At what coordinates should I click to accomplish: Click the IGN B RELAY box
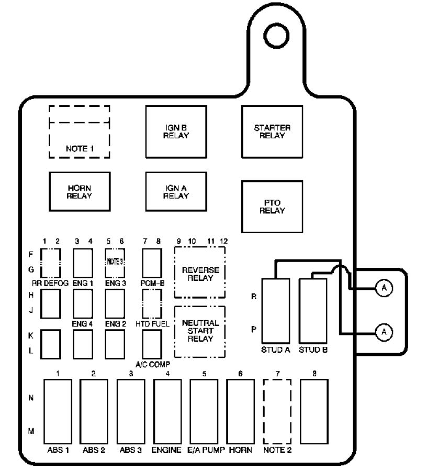pos(175,132)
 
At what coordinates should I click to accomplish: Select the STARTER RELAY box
pos(272,132)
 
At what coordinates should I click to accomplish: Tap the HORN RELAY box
pos(79,192)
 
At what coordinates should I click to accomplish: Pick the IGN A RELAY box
pos(175,192)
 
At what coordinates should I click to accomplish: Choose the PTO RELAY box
pos(272,206)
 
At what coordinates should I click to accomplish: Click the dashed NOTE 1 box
pos(80,132)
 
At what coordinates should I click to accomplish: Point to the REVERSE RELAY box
pos(200,273)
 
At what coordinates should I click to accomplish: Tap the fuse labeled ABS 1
pos(57,411)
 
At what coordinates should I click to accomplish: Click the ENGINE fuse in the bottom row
pos(167,411)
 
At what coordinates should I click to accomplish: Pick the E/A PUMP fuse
pos(204,411)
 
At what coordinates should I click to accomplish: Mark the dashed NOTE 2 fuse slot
pos(277,411)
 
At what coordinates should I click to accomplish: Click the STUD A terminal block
pos(276,310)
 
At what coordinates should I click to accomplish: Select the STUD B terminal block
pos(313,310)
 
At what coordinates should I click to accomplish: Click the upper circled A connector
pos(384,288)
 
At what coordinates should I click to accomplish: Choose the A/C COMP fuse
pos(151,343)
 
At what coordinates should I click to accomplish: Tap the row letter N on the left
pos(31,398)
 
